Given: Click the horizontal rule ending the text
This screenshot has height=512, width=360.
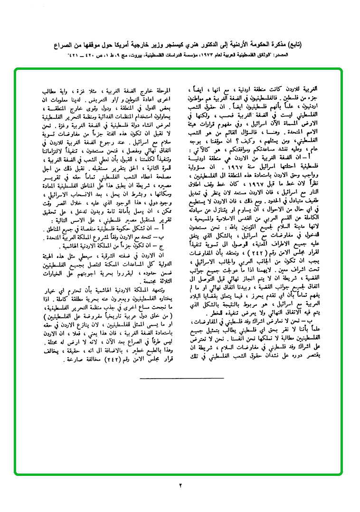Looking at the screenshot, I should click(x=176, y=377).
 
